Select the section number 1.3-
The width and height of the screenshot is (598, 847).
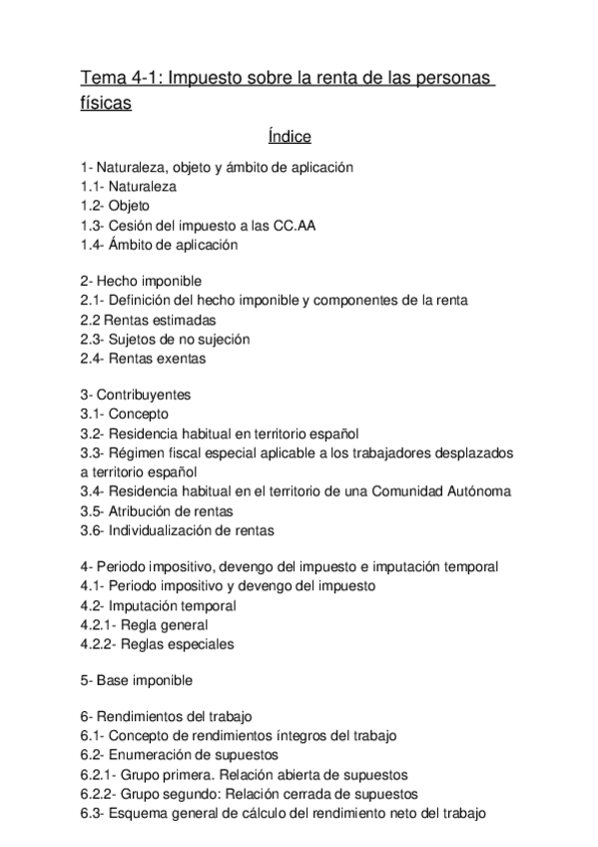97,225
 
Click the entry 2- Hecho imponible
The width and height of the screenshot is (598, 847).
141,282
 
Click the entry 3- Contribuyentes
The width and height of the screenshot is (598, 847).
136,396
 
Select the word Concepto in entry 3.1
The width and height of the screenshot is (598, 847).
139,415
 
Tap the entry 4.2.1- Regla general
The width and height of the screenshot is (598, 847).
144,624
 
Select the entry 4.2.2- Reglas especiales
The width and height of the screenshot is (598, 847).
158,643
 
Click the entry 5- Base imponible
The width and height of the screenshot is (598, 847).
137,681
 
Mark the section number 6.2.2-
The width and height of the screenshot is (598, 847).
100,795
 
